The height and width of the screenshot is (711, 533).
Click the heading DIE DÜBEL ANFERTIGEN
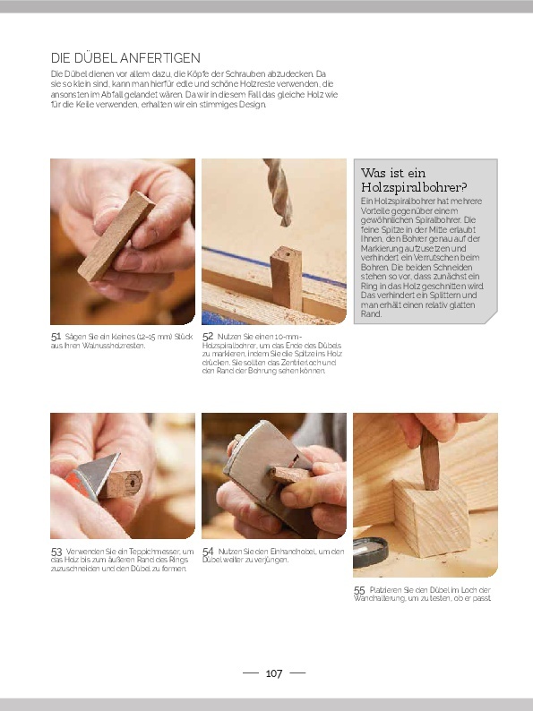[125, 58]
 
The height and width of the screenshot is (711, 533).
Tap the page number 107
[274, 673]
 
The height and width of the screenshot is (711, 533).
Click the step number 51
[56, 337]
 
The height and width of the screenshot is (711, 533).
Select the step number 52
[208, 337]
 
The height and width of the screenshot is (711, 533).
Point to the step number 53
[56, 552]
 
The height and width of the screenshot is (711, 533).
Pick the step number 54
[208, 552]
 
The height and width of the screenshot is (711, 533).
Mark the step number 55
[359, 590]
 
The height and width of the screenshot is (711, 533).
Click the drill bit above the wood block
[278, 192]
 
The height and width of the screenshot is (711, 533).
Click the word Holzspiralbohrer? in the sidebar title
[414, 187]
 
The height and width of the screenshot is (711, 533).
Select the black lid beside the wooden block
[371, 553]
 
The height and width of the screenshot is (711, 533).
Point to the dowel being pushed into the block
[429, 458]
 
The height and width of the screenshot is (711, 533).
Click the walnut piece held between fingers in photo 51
[116, 236]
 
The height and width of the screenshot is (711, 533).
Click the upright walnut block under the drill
[287, 278]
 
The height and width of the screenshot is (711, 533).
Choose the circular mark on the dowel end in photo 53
[132, 483]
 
